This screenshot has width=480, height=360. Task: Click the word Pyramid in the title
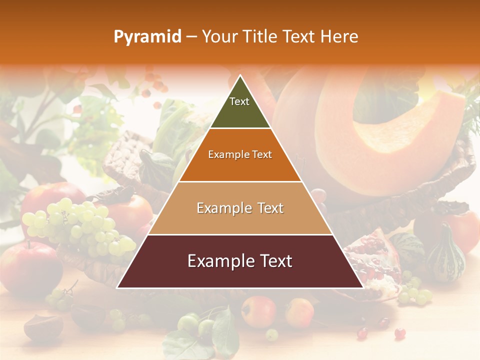click(x=147, y=37)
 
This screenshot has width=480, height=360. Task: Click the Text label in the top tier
click(x=239, y=101)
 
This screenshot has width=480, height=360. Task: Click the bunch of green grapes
click(x=80, y=225)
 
